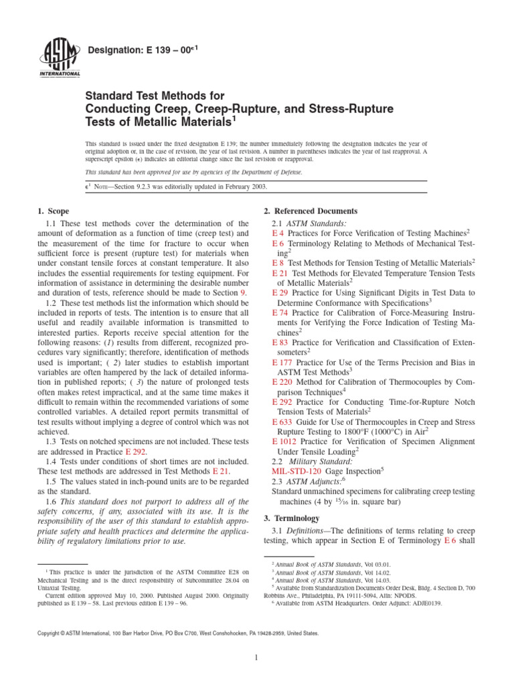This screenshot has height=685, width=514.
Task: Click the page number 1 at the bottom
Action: click(257, 658)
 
